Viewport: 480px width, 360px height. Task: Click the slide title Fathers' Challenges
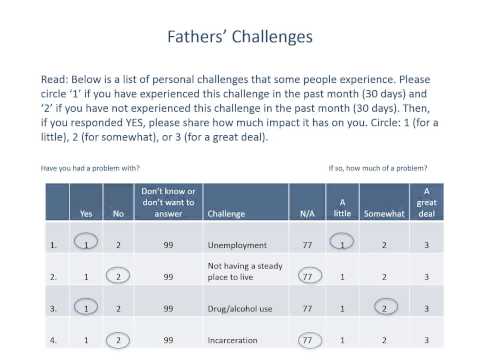[x=240, y=37]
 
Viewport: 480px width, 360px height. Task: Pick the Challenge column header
[x=225, y=212]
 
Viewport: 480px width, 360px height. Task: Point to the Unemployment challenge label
[x=238, y=244]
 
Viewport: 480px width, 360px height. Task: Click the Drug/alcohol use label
[x=242, y=309]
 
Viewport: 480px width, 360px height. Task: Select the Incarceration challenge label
[x=236, y=341]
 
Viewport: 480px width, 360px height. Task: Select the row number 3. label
[x=52, y=309]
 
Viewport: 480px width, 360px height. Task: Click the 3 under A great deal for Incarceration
[x=427, y=341]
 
